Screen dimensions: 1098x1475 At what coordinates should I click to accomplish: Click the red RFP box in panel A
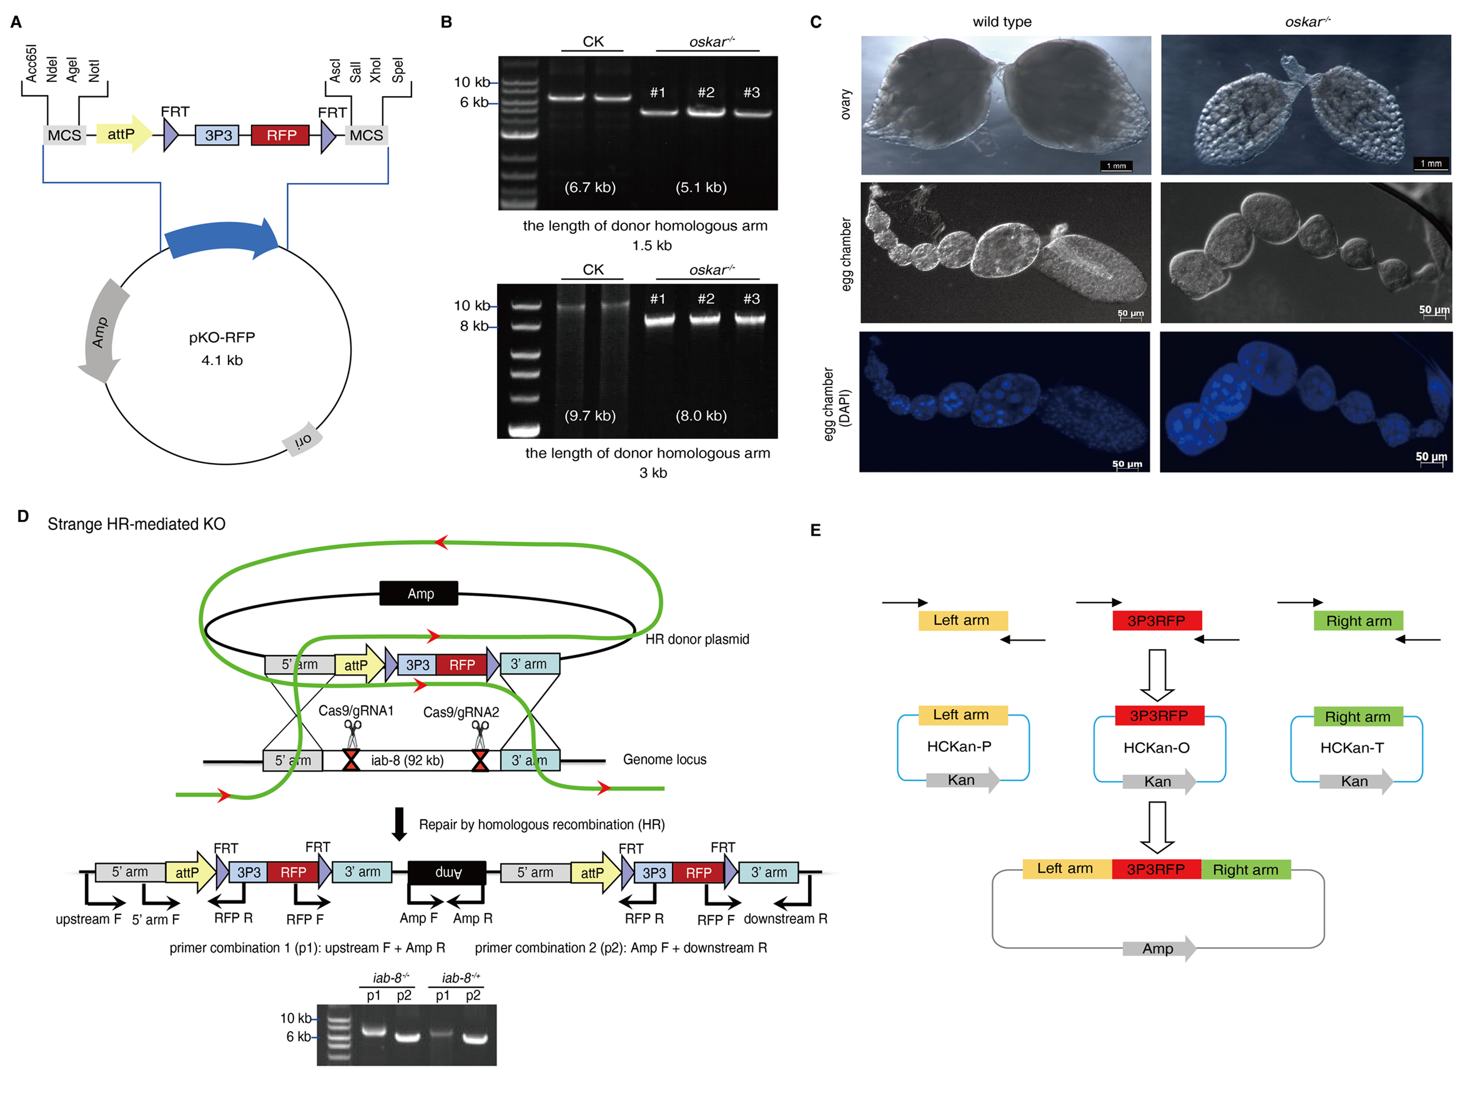(x=281, y=135)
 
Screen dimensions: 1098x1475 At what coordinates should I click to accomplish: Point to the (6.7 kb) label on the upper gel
(x=589, y=187)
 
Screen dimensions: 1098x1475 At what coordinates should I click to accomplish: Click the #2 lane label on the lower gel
(x=706, y=299)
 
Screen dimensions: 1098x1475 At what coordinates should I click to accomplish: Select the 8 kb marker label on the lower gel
(x=474, y=326)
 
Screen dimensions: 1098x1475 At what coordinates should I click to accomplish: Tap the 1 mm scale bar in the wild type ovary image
(x=1116, y=166)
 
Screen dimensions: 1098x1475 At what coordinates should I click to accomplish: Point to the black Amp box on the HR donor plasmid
(x=419, y=593)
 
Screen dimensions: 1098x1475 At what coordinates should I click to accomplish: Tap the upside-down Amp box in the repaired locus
(x=447, y=872)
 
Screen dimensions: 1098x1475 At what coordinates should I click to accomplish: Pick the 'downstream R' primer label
(x=785, y=919)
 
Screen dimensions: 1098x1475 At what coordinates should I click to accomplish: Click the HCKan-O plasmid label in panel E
(x=1156, y=748)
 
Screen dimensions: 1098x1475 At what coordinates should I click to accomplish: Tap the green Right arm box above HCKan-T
(x=1357, y=717)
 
